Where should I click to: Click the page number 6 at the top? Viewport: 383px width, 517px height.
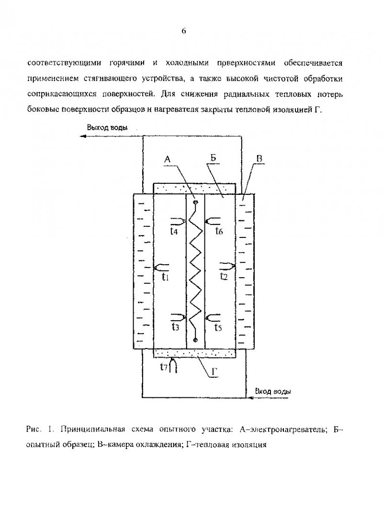183,31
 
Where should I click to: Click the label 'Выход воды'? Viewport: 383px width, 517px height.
107,128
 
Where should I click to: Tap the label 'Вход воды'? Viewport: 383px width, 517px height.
273,392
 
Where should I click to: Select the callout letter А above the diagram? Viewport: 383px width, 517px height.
167,159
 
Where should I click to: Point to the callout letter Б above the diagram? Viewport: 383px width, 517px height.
213,158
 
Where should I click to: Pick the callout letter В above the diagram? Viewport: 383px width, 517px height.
259,158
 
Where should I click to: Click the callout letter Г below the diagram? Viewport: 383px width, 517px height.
214,372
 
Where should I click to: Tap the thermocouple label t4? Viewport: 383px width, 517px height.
174,231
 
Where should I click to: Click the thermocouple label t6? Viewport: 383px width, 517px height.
219,231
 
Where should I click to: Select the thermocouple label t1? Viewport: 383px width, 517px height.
165,277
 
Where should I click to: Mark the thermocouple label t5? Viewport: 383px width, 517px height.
218,327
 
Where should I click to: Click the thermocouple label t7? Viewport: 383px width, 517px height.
164,366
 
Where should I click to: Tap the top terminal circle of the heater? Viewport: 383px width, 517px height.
195,202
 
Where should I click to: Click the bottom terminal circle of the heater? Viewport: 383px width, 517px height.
195,339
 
